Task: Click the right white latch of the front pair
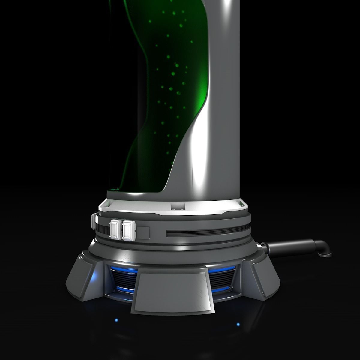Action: point(129,230)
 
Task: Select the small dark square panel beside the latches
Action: point(143,232)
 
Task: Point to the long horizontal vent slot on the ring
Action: point(207,233)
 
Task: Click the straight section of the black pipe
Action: point(288,246)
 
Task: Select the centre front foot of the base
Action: point(173,285)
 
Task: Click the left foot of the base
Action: point(83,276)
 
